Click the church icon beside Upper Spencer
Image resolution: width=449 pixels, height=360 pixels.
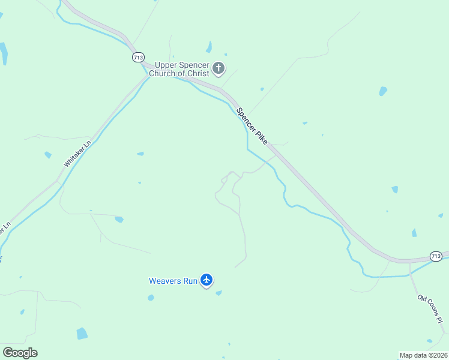(x=218, y=68)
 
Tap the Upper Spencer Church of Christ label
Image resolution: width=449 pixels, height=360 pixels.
(x=182, y=69)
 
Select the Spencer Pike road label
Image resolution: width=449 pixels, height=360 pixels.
(x=252, y=125)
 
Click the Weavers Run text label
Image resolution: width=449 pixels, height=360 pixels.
(x=173, y=280)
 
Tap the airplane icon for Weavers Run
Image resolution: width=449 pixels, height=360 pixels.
(x=206, y=280)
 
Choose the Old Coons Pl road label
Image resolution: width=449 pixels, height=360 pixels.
(x=430, y=309)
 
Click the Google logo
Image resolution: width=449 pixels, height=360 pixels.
(x=20, y=353)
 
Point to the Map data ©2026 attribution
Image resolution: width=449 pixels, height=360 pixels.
(x=423, y=355)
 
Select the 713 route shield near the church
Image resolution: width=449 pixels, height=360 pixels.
(x=138, y=57)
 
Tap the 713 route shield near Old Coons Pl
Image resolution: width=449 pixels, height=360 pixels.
(x=437, y=256)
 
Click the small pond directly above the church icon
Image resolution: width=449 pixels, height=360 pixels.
(x=209, y=47)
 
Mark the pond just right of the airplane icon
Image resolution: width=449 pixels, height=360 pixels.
(x=218, y=293)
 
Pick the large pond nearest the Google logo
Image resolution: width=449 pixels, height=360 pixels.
(x=82, y=334)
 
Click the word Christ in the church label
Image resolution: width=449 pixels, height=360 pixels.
(x=198, y=73)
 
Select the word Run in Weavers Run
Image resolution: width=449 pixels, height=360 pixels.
(x=191, y=280)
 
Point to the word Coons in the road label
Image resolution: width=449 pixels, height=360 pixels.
(x=431, y=309)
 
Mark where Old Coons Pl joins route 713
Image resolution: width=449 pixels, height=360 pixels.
(x=409, y=262)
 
